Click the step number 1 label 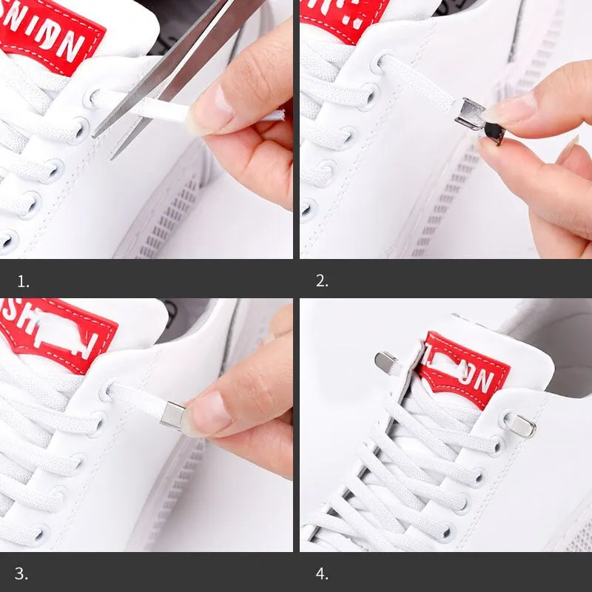[x=24, y=281]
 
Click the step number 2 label [x=322, y=281]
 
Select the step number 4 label [x=322, y=573]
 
